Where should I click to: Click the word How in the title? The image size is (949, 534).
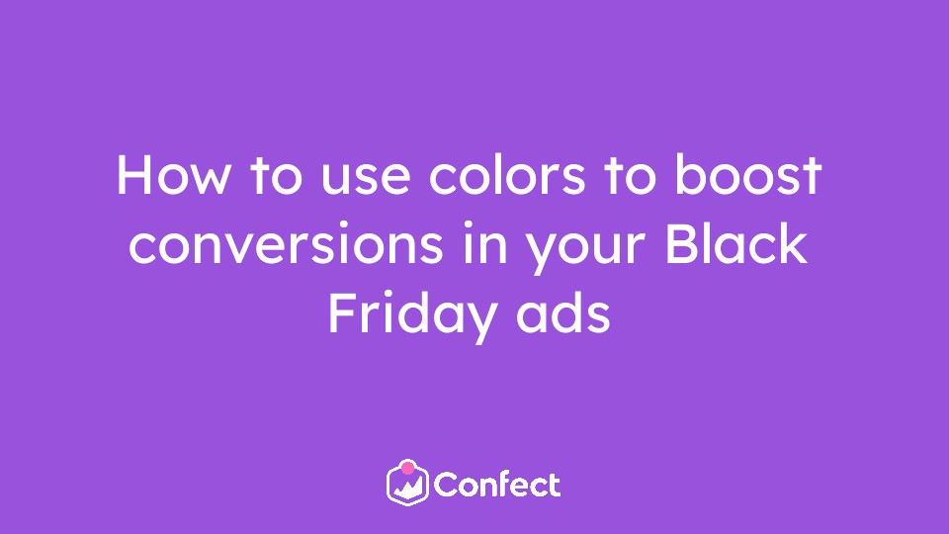tap(173, 175)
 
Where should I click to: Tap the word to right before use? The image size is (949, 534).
tap(276, 176)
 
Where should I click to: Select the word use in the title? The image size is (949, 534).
tap(366, 180)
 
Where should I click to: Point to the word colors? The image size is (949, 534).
tap(507, 175)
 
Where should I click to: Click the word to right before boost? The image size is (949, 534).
tap(630, 176)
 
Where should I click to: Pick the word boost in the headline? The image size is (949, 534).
tap(748, 175)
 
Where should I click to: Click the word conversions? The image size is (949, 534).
tap(286, 244)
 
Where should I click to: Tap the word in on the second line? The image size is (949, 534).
tap(484, 244)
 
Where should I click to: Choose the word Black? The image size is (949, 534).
tap(735, 243)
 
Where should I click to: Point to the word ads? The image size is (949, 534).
tap(562, 312)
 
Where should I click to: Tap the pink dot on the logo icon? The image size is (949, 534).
tap(408, 468)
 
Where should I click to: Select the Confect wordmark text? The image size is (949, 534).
tap(497, 485)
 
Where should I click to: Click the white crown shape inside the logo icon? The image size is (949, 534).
tap(408, 488)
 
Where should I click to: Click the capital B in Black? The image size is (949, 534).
tap(680, 244)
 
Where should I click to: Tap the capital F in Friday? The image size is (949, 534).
tap(342, 313)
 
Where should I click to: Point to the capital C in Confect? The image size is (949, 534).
tap(447, 485)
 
